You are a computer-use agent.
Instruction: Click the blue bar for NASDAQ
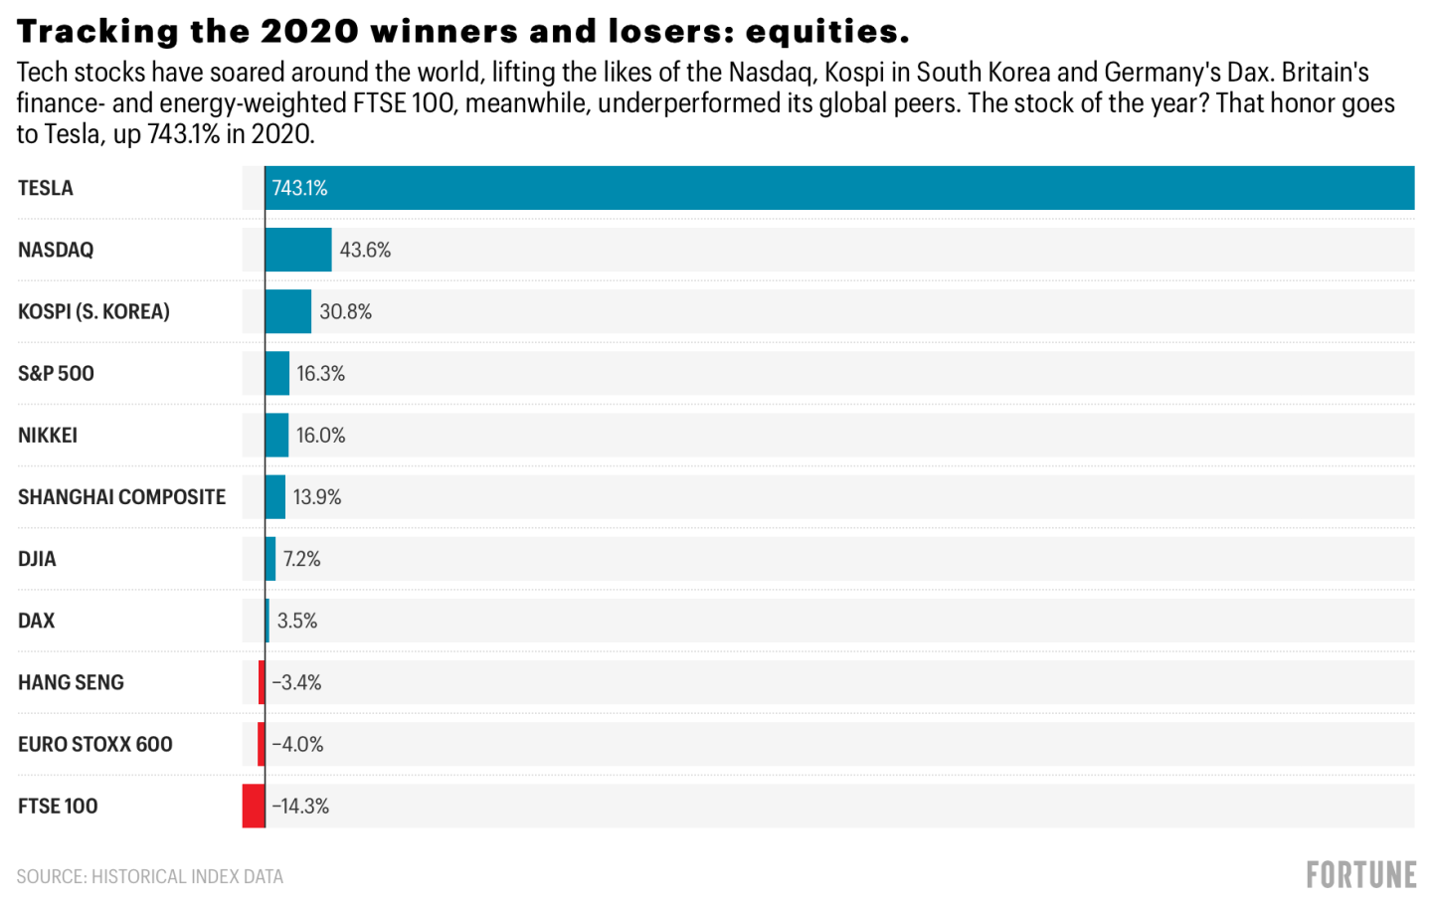pyautogui.click(x=298, y=250)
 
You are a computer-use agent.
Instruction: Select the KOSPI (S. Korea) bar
pyautogui.click(x=288, y=311)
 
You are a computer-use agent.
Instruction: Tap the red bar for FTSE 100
pyautogui.click(x=254, y=806)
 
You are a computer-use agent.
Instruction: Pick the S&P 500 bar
pyautogui.click(x=277, y=373)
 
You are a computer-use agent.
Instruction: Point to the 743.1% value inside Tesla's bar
pyautogui.click(x=299, y=188)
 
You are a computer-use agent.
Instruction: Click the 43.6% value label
pyautogui.click(x=365, y=250)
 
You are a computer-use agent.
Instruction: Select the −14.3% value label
pyautogui.click(x=300, y=807)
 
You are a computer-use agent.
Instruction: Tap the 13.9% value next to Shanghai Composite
pyautogui.click(x=317, y=497)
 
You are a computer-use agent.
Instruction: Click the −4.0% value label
pyautogui.click(x=297, y=744)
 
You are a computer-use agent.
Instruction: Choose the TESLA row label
pyautogui.click(x=46, y=188)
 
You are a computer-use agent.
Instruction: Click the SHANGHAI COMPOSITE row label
pyautogui.click(x=121, y=497)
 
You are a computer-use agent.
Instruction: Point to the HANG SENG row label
pyautogui.click(x=71, y=682)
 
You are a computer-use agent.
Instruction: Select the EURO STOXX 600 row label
pyautogui.click(x=95, y=744)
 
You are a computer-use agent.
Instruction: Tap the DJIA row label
pyautogui.click(x=37, y=559)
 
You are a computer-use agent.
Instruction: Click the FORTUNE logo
pyautogui.click(x=1361, y=875)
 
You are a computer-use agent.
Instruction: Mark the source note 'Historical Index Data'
pyautogui.click(x=187, y=876)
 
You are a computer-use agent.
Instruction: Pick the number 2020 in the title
pyautogui.click(x=309, y=31)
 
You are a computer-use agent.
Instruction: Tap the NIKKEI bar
pyautogui.click(x=276, y=436)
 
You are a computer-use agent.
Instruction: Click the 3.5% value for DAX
pyautogui.click(x=297, y=621)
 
